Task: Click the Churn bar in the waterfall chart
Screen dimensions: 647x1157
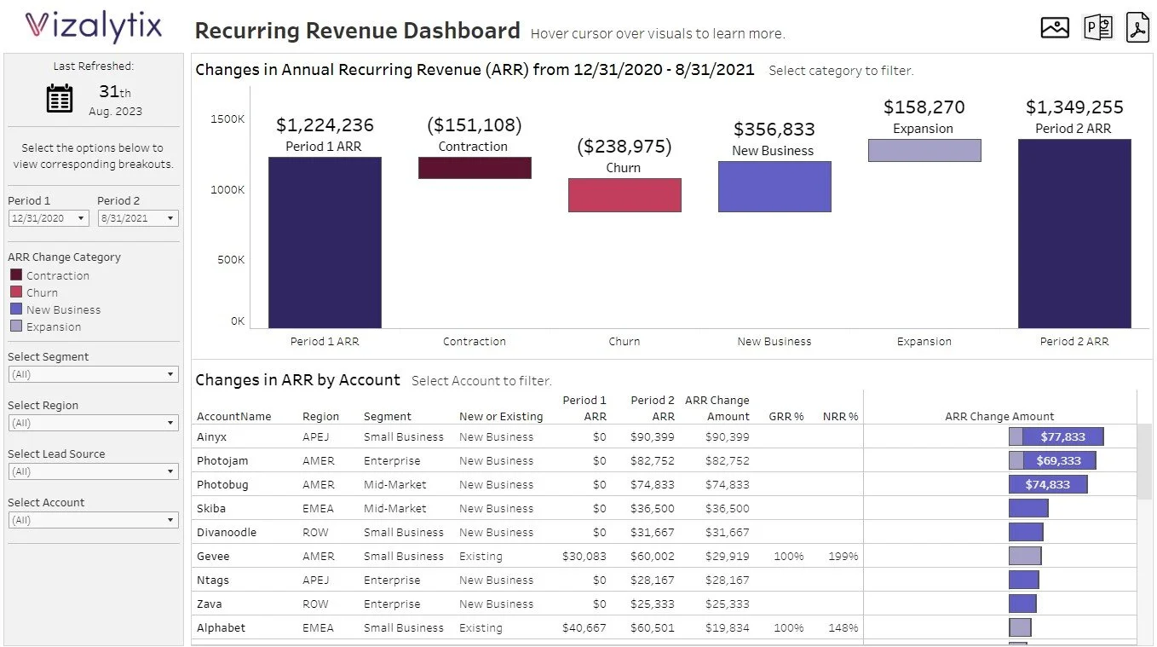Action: (625, 195)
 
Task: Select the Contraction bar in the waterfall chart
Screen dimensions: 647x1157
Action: (475, 168)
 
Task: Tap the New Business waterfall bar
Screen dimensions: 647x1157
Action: (774, 187)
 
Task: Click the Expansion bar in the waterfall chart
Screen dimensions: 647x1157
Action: (924, 151)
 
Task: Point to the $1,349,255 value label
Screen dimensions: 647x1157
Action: (1074, 107)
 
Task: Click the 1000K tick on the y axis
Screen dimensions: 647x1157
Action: (227, 189)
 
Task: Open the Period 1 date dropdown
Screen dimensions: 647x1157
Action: (49, 218)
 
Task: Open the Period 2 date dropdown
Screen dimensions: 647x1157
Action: (138, 218)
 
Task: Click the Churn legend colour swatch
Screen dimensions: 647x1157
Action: (16, 292)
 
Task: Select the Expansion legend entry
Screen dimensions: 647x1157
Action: (53, 326)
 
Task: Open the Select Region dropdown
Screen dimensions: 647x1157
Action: (93, 423)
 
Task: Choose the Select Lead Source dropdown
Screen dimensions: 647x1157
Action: (93, 471)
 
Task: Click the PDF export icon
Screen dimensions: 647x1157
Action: (1138, 28)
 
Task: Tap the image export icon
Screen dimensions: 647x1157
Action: (1055, 28)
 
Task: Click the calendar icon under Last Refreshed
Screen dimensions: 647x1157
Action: (60, 98)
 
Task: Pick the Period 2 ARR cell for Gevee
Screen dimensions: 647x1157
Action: (653, 556)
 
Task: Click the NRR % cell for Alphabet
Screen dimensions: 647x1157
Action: (843, 627)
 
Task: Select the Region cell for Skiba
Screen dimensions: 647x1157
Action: (318, 508)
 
